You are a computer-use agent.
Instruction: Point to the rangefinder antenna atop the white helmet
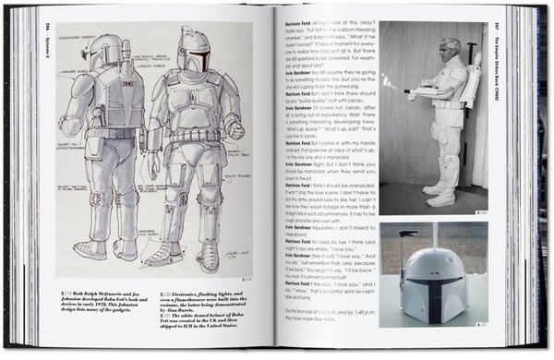(x=406, y=238)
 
